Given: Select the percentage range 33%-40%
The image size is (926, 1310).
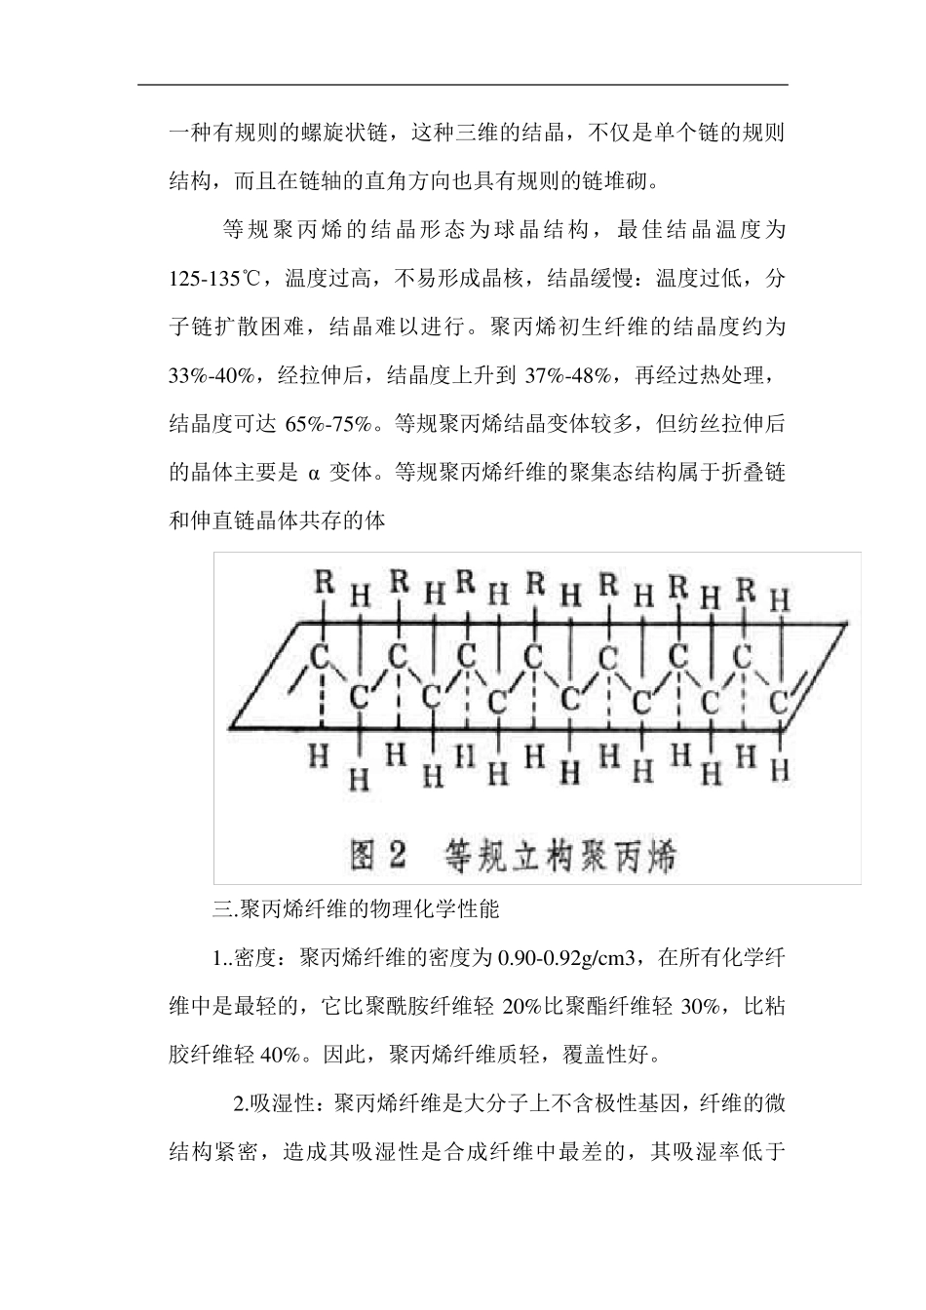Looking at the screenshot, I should [x=212, y=375].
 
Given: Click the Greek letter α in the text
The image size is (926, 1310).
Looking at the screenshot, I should [x=314, y=473].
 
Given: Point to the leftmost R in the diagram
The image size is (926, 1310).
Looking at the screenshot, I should [x=325, y=583].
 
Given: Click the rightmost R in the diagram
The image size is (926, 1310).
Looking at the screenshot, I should [x=746, y=587].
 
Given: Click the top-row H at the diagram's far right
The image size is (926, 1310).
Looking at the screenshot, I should [x=779, y=601].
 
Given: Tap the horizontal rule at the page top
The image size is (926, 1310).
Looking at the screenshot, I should [x=462, y=85].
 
